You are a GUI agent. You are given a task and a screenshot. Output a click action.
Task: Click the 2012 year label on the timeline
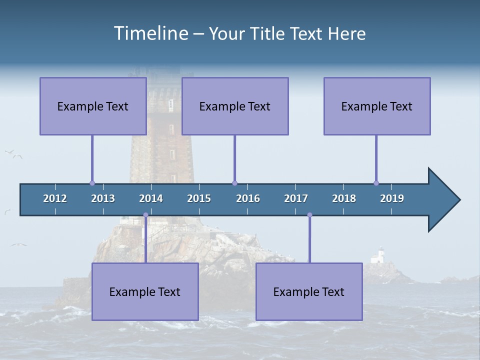(55, 198)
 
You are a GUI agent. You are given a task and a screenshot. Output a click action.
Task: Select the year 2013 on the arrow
(103, 198)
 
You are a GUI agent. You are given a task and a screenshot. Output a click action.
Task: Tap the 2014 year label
(151, 198)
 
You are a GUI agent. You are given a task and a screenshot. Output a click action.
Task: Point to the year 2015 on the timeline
(199, 198)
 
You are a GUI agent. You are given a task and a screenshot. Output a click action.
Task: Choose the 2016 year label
(248, 198)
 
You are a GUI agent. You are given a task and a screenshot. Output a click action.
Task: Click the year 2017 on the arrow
(296, 198)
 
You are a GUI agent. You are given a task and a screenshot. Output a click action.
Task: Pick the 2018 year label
(344, 198)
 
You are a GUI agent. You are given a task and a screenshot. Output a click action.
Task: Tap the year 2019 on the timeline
(392, 198)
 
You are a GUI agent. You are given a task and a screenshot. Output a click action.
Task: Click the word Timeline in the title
(150, 33)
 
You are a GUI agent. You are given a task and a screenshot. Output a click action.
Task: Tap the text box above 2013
(93, 106)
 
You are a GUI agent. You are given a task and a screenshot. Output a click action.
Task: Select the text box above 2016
(235, 106)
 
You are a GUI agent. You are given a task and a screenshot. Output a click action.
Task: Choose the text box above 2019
(377, 106)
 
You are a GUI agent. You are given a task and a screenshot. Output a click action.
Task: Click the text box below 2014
(145, 291)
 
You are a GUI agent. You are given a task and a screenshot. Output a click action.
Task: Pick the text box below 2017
(309, 291)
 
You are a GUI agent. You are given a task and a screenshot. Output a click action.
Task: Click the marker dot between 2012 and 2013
(92, 183)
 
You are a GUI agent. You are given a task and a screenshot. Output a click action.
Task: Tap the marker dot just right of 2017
(309, 215)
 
